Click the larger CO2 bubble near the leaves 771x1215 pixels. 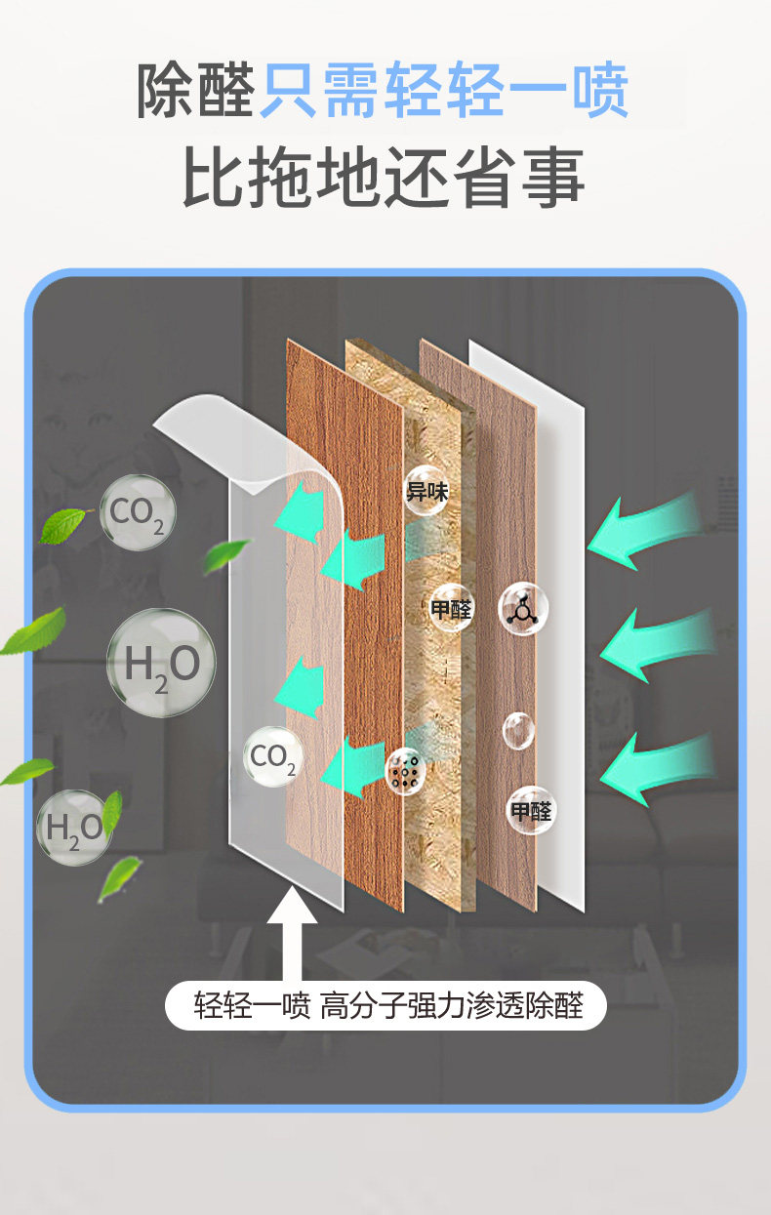[x=138, y=512]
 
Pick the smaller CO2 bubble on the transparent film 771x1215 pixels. [x=273, y=758]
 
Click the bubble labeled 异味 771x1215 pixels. [x=426, y=492]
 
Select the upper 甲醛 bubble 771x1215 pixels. [x=451, y=608]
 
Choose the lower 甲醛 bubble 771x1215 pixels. [x=531, y=810]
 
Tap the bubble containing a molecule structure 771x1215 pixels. [x=524, y=608]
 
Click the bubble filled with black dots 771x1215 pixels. [x=406, y=770]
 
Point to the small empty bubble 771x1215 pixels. [x=518, y=730]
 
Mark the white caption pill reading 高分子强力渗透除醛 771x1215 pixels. [x=386, y=1005]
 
